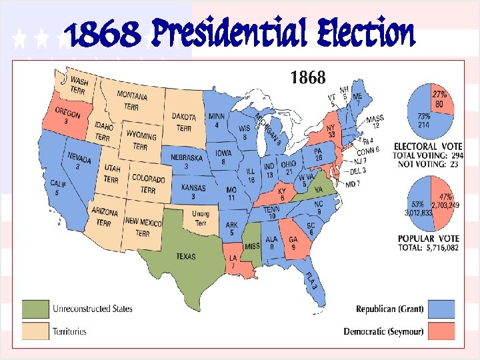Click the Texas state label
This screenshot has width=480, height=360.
coord(186,256)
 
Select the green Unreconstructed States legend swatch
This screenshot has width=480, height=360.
coord(34,309)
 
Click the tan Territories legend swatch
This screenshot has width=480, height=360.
coord(34,330)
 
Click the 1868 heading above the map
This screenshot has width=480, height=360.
coord(308,78)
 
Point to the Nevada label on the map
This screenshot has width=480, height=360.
coord(79,160)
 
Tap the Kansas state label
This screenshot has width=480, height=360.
coord(194,191)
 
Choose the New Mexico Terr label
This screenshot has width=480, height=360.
coord(142,227)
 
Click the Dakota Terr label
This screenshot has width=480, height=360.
coord(184,122)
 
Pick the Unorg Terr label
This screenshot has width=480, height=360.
coord(201,217)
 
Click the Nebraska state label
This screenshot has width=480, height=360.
coord(186,161)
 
